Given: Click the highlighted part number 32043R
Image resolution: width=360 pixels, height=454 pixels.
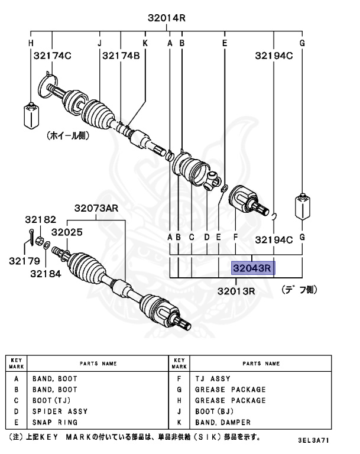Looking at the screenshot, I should pyautogui.click(x=252, y=268).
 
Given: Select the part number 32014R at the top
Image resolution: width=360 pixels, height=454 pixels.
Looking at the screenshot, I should pyautogui.click(x=167, y=18).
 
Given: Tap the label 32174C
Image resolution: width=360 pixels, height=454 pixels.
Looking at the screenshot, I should pyautogui.click(x=52, y=56).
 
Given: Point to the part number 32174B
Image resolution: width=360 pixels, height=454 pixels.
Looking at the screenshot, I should pyautogui.click(x=121, y=56).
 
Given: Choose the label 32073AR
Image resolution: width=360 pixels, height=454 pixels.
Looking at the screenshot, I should pyautogui.click(x=96, y=208).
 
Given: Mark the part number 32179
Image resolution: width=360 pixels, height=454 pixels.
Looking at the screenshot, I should pyautogui.click(x=24, y=260).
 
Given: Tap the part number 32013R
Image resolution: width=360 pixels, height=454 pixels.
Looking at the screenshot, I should pyautogui.click(x=235, y=291).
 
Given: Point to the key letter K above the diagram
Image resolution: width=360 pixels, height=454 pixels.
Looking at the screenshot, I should pyautogui.click(x=145, y=43).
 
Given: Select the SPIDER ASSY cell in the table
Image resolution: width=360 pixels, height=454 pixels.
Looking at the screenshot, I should pyautogui.click(x=60, y=411).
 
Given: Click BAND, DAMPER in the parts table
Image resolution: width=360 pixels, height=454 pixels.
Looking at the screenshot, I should pyautogui.click(x=225, y=423).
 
